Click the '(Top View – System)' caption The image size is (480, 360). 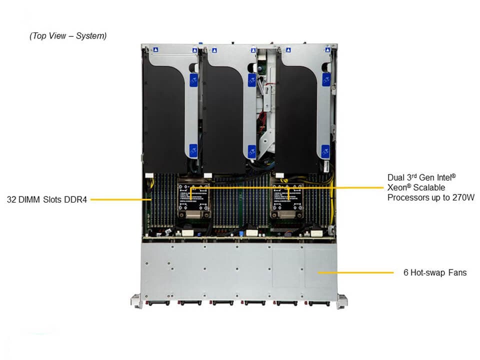pyautogui.click(x=68, y=36)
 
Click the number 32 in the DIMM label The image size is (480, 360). pyautogui.click(x=11, y=199)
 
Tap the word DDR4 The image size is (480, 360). pyautogui.click(x=75, y=199)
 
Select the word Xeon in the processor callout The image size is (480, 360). pyautogui.click(x=397, y=187)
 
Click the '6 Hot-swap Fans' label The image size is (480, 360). pyautogui.click(x=435, y=272)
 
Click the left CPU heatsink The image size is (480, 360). pyautogui.click(x=194, y=200)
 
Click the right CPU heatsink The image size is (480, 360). pyautogui.click(x=287, y=200)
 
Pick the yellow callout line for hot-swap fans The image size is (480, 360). pyautogui.click(x=355, y=272)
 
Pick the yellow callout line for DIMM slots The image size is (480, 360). pyautogui.click(x=121, y=199)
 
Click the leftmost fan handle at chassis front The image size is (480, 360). pyautogui.click(x=158, y=303)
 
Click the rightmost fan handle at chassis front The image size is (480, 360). pyautogui.click(x=319, y=303)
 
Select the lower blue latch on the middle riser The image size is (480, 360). pyautogui.click(x=252, y=152)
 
